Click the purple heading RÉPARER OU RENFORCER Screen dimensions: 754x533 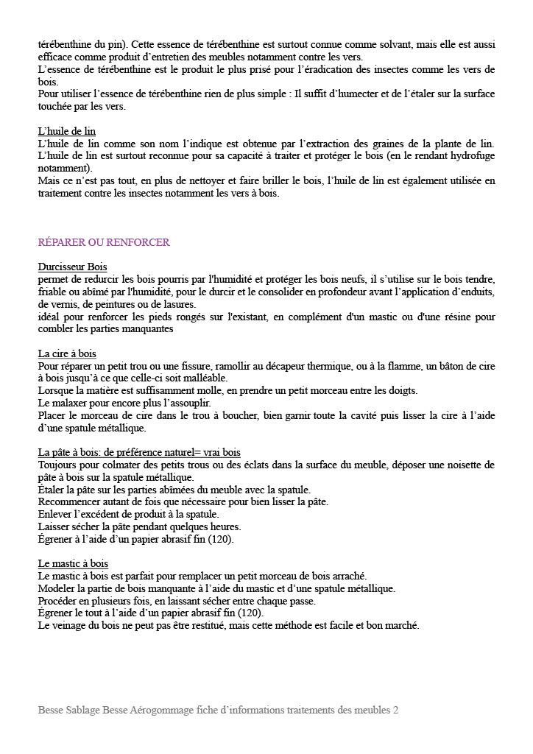(x=104, y=242)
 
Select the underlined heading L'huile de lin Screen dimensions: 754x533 (x=67, y=131)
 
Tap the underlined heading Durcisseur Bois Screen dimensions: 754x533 (x=72, y=267)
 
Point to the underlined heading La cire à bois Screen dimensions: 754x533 (x=67, y=353)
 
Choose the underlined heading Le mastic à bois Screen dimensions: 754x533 (x=73, y=564)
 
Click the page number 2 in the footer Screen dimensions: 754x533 (x=395, y=711)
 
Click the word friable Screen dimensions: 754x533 (x=52, y=292)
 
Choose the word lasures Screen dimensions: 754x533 (x=178, y=304)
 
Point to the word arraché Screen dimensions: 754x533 (x=345, y=576)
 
